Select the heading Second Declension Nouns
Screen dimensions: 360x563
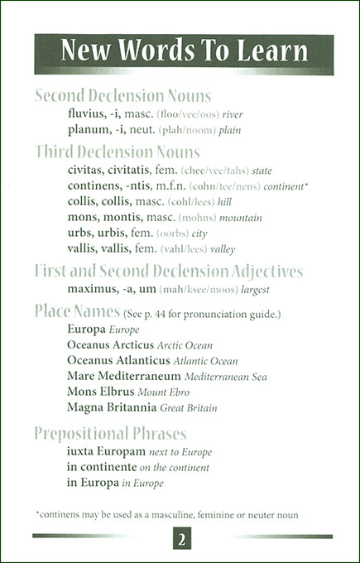pos(123,95)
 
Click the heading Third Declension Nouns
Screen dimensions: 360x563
pos(118,152)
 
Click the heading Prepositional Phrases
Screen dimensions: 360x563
pos(111,434)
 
